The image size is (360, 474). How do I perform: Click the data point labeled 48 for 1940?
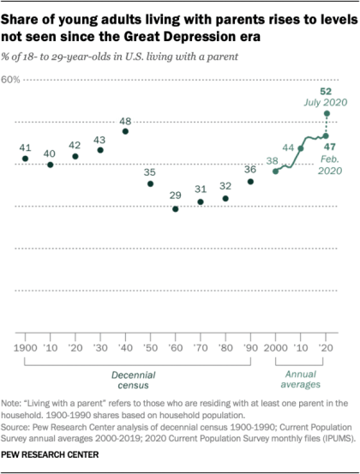click(x=126, y=131)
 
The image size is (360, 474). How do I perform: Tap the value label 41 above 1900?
click(x=26, y=147)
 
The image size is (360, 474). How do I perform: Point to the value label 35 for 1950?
click(x=151, y=171)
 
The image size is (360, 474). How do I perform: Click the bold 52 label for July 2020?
click(x=326, y=91)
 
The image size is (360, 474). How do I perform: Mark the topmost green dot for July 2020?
click(x=327, y=113)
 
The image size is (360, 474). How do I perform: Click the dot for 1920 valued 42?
click(x=75, y=156)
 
